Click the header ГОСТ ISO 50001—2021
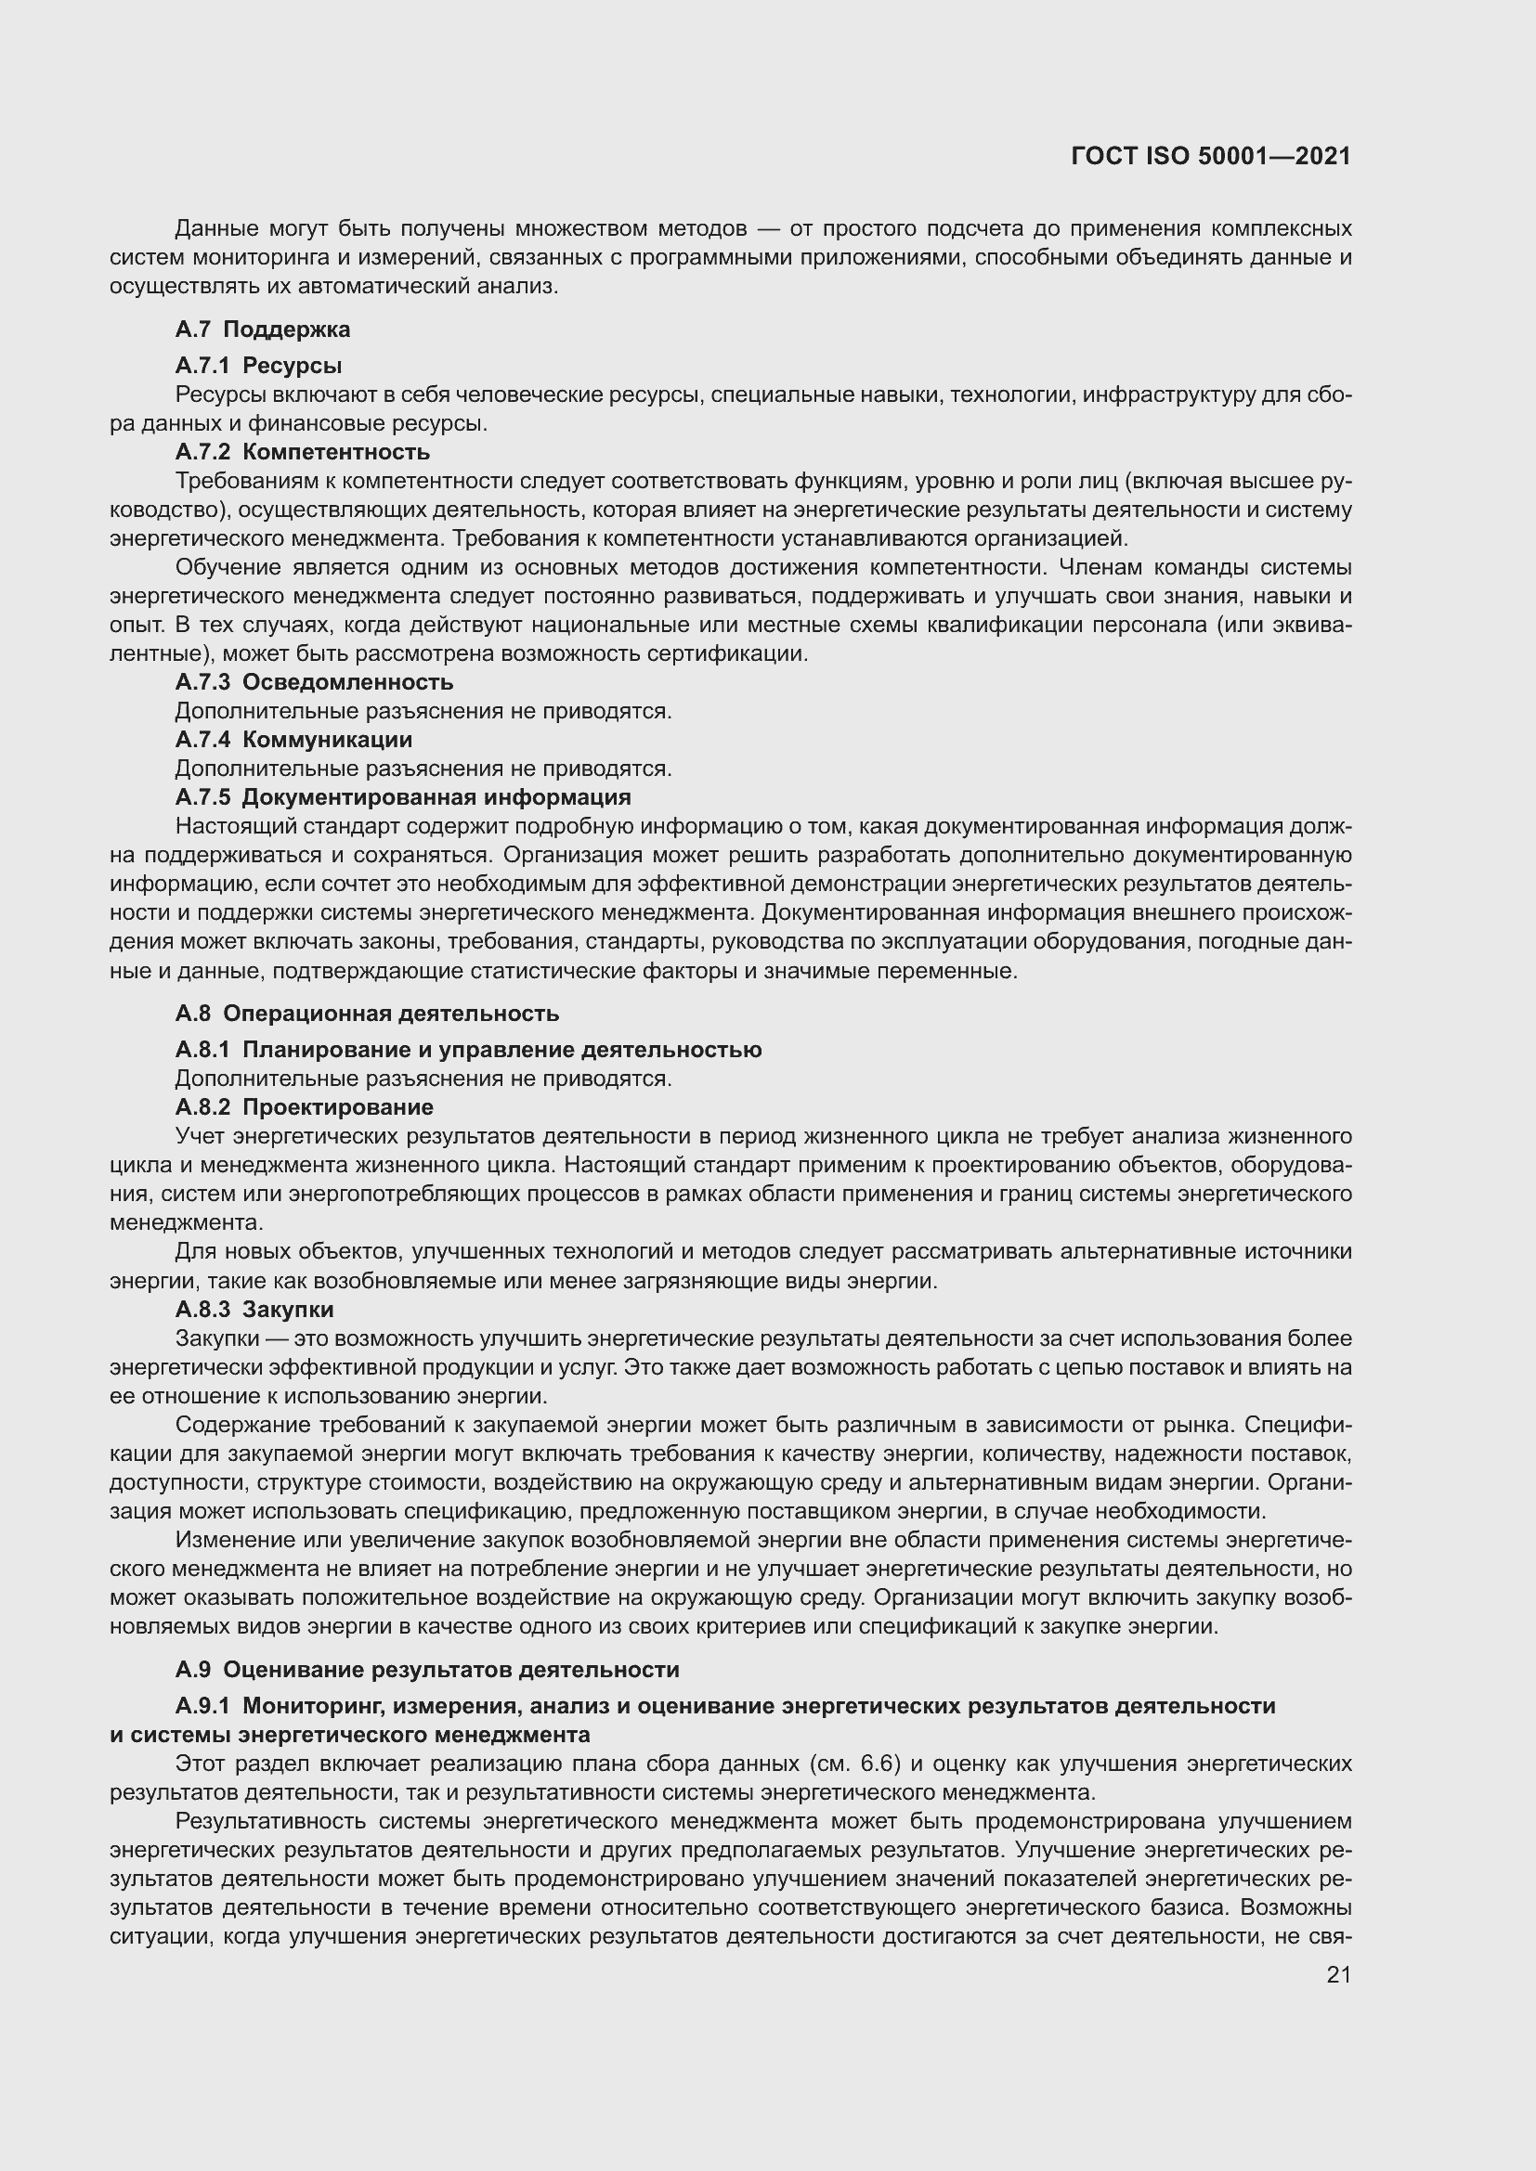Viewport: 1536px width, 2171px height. coord(1211,156)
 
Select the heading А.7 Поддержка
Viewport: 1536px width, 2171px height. coord(262,330)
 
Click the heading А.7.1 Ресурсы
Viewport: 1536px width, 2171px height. coord(258,365)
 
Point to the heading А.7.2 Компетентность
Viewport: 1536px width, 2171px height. coord(302,451)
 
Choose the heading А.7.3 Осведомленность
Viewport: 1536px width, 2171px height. coord(314,682)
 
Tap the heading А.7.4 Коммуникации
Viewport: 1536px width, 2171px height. coord(293,739)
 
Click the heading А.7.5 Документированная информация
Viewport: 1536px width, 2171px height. coord(403,796)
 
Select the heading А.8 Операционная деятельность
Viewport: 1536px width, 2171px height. coord(367,1013)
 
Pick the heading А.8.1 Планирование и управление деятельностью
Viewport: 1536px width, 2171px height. coord(468,1049)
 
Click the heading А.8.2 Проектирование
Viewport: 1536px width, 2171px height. coord(304,1106)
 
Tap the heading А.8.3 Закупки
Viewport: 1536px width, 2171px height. coord(254,1309)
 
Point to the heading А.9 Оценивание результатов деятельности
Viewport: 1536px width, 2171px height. coord(426,1669)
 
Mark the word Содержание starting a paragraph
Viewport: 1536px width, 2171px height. coord(236,1424)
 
